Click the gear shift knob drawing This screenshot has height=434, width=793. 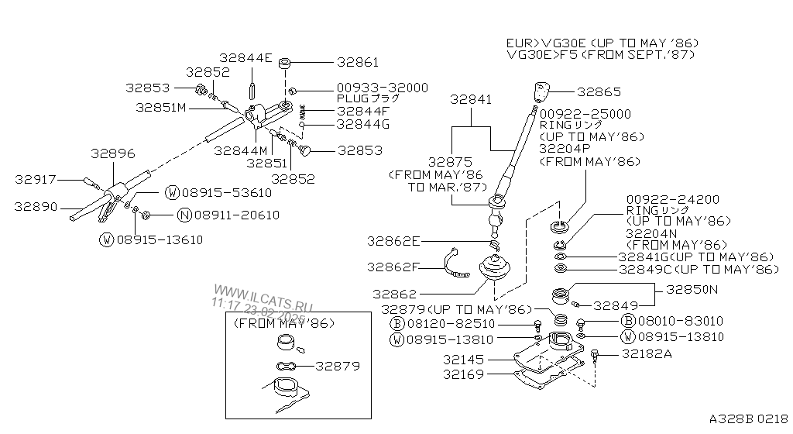tap(541, 92)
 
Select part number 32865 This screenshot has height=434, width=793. tap(599, 92)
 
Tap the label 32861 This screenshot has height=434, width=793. tap(358, 62)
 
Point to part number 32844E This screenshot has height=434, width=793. tap(245, 58)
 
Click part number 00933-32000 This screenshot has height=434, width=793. tap(383, 88)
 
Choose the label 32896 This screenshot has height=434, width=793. tap(113, 153)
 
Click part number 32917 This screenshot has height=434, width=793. tap(36, 180)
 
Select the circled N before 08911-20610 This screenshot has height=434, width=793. tap(184, 215)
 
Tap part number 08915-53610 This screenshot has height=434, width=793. tap(227, 193)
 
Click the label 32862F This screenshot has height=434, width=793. tap(393, 267)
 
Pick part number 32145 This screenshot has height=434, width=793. tap(463, 360)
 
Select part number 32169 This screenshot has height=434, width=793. tap(463, 374)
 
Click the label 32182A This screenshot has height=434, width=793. tap(647, 354)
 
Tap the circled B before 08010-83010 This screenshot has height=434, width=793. tap(627, 321)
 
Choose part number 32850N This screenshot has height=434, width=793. tap(692, 289)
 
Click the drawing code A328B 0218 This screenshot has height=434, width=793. tap(749, 418)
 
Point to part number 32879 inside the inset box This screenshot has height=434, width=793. tap(338, 366)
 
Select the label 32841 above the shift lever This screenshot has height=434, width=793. tap(471, 100)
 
